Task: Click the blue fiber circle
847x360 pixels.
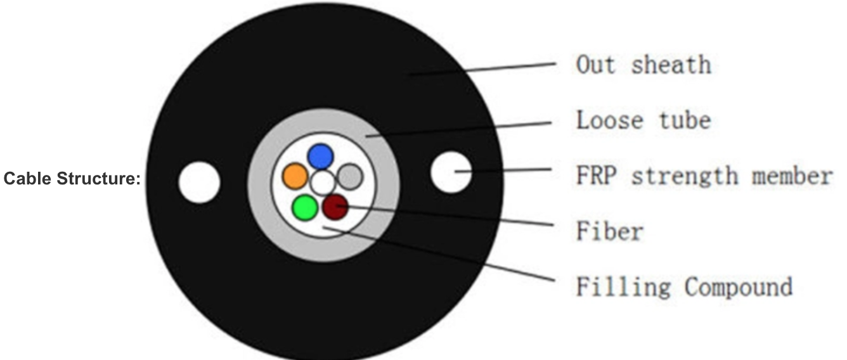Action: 321,156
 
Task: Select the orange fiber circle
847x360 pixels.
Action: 295,176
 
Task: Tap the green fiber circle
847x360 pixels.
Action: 305,208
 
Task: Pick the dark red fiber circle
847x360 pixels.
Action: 335,207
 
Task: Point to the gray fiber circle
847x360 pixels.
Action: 350,177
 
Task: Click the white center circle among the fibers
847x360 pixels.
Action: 323,183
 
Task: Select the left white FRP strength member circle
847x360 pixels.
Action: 199,183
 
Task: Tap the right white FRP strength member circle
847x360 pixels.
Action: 451,172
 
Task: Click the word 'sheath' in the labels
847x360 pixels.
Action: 671,65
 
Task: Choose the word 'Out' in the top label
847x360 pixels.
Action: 595,65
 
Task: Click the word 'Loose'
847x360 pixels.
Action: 609,120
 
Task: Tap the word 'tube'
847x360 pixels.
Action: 685,120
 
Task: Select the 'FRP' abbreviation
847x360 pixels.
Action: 597,176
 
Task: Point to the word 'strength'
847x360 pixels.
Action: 685,176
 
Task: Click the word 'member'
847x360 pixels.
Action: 792,176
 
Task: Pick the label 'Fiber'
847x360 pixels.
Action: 609,231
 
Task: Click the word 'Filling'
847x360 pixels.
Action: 623,287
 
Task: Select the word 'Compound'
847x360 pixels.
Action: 739,287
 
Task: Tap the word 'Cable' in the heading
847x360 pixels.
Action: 27,179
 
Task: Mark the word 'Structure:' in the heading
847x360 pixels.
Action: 99,179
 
